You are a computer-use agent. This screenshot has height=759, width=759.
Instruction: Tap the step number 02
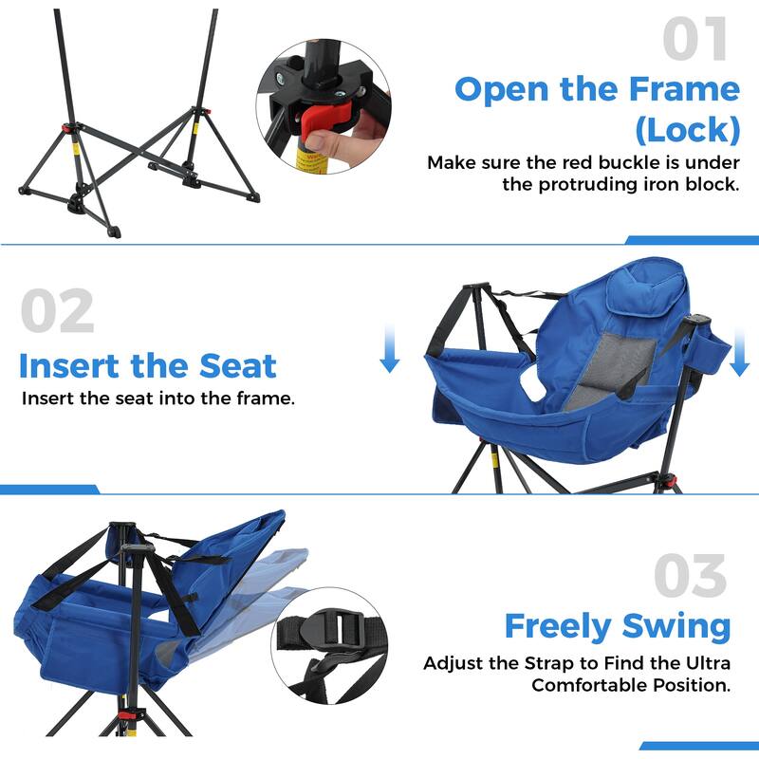57,311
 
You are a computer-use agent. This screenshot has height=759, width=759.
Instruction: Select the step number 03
691,576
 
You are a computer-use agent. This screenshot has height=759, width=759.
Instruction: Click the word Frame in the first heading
683,89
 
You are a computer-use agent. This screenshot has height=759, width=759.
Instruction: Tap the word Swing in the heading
676,626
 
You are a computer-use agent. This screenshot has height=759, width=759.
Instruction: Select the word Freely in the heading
558,626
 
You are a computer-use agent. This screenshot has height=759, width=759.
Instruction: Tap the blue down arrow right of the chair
739,353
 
